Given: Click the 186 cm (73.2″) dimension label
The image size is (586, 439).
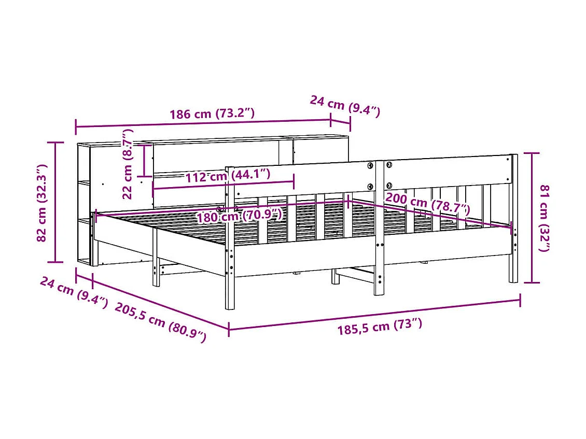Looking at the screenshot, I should (x=212, y=114).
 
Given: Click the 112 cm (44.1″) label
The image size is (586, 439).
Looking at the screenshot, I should (x=228, y=175).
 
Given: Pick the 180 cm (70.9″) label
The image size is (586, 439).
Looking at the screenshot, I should (x=239, y=216).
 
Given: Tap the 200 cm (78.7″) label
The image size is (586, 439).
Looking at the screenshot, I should (x=427, y=204).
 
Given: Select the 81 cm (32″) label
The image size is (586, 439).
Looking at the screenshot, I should (x=544, y=218).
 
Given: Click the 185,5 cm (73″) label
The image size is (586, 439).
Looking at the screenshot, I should (x=380, y=327).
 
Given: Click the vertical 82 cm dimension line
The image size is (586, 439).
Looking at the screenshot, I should (x=55, y=202).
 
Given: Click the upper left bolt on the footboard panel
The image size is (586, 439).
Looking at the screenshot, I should (x=370, y=165).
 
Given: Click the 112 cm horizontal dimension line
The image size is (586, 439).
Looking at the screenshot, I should (x=223, y=185).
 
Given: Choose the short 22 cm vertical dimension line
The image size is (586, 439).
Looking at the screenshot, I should (x=144, y=161).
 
